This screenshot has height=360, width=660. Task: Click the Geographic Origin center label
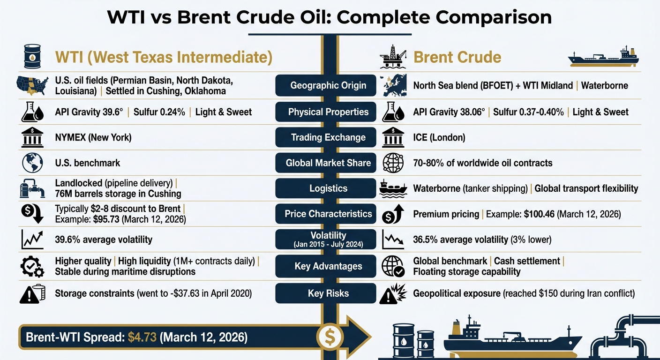(x=328, y=86)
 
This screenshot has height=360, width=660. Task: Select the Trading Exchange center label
(x=328, y=137)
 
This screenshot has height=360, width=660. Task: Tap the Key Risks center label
(x=328, y=293)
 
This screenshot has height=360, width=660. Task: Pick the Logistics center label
(x=328, y=188)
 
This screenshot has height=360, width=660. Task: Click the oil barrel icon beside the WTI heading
(x=32, y=57)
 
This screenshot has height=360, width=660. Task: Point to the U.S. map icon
(x=32, y=85)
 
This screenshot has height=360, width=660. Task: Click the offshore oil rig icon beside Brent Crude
(x=393, y=57)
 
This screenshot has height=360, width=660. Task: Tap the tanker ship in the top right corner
(x=603, y=58)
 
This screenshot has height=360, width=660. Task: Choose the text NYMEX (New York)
(x=93, y=137)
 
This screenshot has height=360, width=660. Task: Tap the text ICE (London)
(x=439, y=137)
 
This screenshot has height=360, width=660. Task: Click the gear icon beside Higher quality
(x=32, y=266)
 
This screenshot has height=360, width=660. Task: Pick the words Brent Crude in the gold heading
(x=457, y=57)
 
